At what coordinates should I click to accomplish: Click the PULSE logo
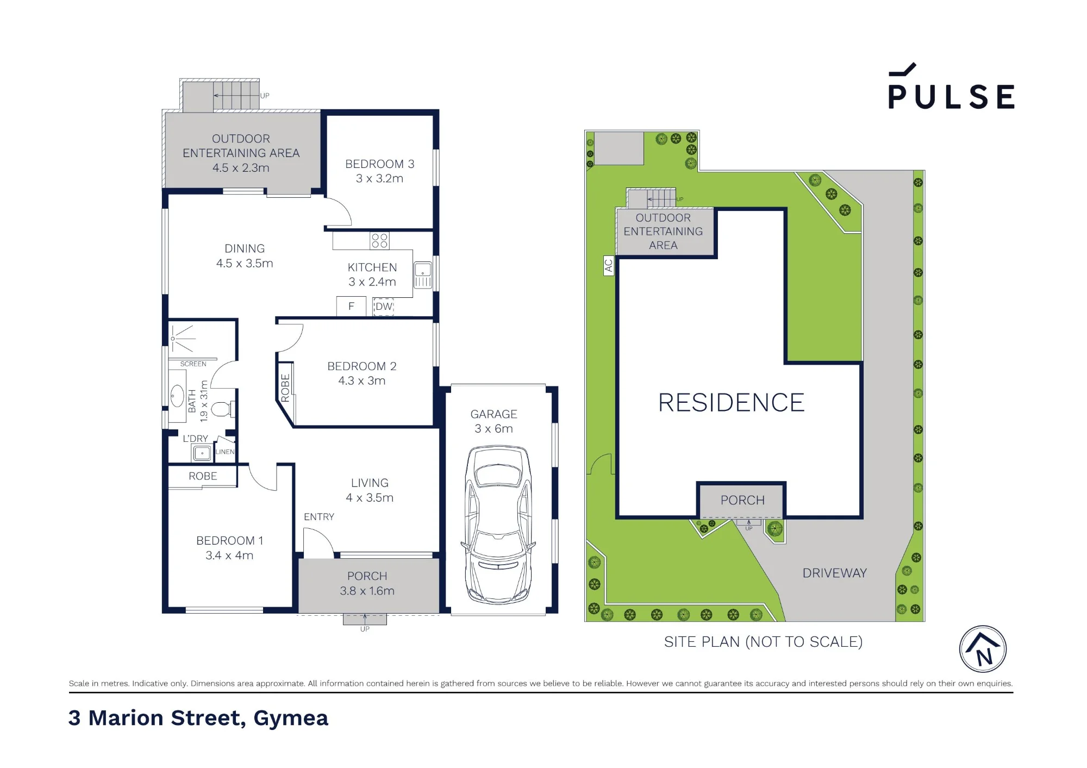coord(951,86)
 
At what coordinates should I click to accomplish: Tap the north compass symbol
coord(983,649)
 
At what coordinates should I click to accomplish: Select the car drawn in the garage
coord(497,525)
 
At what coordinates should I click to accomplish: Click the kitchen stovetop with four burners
coord(379,241)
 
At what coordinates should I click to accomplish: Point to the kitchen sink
coord(423,274)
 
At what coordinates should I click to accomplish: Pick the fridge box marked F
coord(351,306)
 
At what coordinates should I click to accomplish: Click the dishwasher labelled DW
coord(384,307)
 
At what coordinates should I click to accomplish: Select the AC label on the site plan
coord(609,265)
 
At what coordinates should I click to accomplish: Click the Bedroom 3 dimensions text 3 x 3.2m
coord(379,178)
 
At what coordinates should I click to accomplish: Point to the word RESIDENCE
coord(731,403)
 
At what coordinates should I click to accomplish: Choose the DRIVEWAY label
coord(834,573)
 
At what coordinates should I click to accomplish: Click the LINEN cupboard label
coord(225,452)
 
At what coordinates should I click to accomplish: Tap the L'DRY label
coord(195,439)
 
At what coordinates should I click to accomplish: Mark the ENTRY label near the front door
coord(319,517)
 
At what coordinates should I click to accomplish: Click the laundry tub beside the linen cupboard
coord(202,453)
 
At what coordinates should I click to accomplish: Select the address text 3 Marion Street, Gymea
coord(198,719)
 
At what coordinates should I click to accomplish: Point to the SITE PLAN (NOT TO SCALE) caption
coord(763,642)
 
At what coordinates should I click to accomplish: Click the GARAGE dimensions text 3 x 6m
coord(493,429)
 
